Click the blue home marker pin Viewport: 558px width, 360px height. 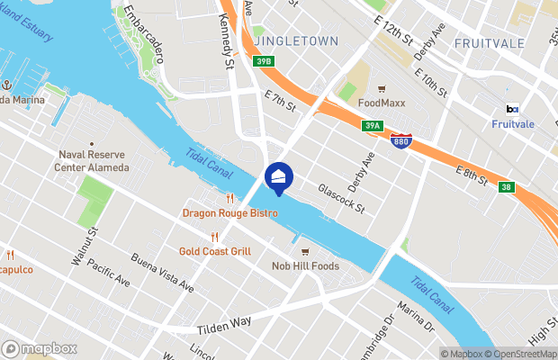[x=279, y=177]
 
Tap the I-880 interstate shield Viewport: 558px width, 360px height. [x=401, y=142]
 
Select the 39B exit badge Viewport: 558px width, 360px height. [x=263, y=61]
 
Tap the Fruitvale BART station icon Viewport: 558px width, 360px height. [x=511, y=110]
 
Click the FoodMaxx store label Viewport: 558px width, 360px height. [x=382, y=103]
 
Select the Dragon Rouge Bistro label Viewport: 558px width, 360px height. [x=230, y=213]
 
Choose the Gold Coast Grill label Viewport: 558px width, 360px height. [x=214, y=251]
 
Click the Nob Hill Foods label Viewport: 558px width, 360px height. [x=305, y=265]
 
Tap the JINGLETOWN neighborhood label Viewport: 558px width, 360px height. [x=296, y=41]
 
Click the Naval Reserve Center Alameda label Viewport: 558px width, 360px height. [x=91, y=161]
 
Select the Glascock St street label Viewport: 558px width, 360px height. [x=341, y=199]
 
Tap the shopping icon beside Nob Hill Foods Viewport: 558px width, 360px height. [x=305, y=251]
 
